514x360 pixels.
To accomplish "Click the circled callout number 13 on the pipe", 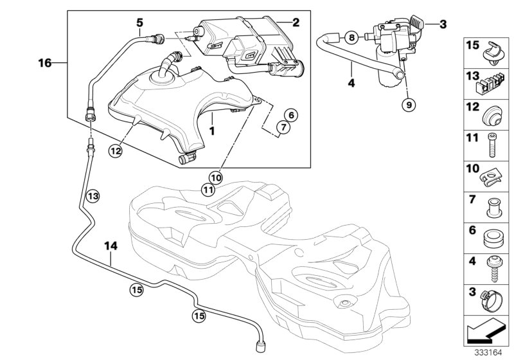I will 92,195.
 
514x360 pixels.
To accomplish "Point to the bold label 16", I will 44,62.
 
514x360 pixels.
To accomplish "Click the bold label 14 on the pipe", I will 111,244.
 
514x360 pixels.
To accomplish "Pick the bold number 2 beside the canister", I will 296,22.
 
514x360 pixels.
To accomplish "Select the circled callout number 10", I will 215,177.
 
